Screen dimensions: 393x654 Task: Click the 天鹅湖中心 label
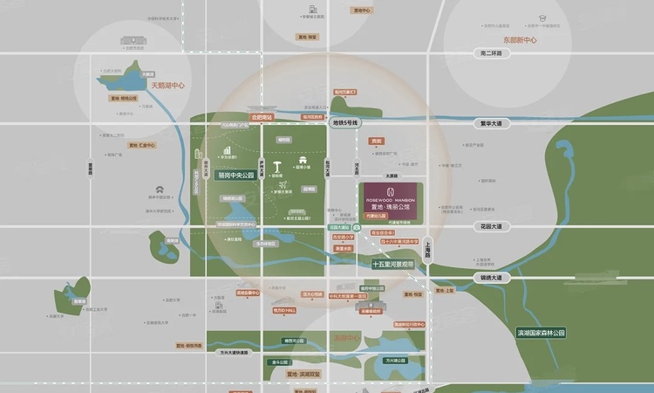[x=168, y=86]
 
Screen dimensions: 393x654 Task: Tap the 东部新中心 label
[x=520, y=40]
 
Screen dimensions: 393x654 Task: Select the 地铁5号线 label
[x=344, y=123]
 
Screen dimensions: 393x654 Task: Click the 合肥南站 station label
[x=262, y=116]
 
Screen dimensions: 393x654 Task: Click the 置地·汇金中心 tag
[x=142, y=145]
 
